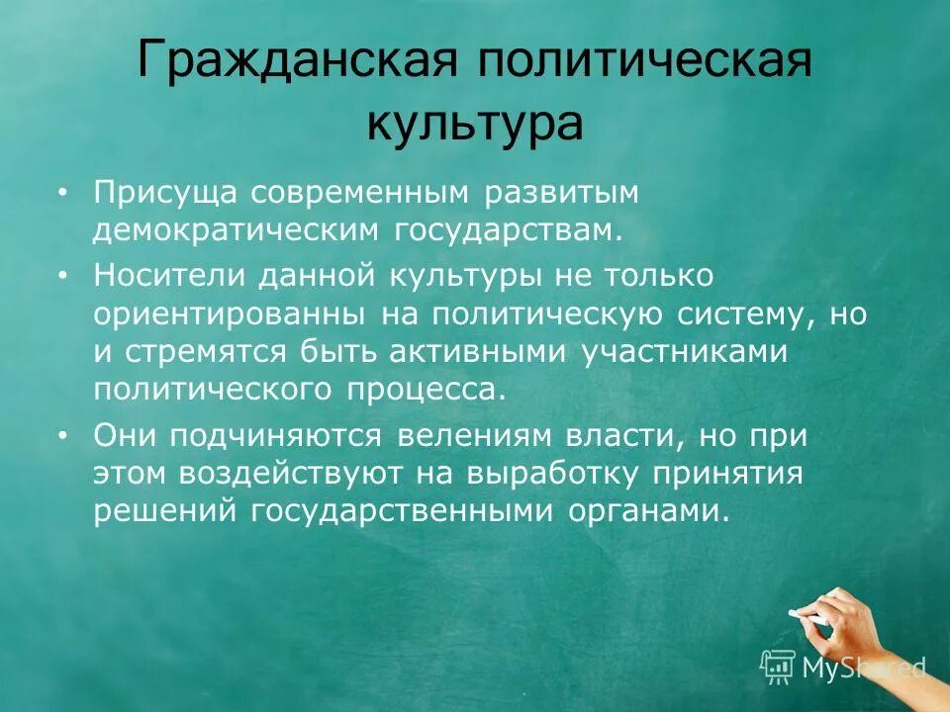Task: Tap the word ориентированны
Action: pyautogui.click(x=234, y=314)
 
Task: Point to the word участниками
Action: pyautogui.click(x=684, y=351)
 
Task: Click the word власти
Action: pyautogui.click(x=629, y=435)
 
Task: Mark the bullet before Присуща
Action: pyautogui.click(x=63, y=194)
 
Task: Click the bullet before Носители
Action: pyautogui.click(x=63, y=277)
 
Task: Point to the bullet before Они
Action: pyautogui.click(x=63, y=435)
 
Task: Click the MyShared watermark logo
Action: pyautogui.click(x=843, y=667)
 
